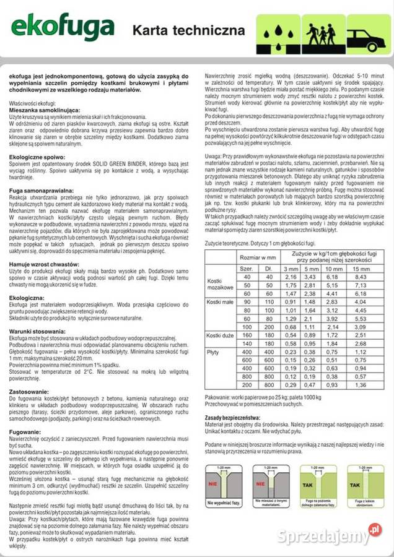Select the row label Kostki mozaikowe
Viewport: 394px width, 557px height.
(220, 283)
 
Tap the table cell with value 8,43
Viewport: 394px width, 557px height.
(360, 277)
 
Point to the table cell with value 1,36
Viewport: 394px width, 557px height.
(360, 385)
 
